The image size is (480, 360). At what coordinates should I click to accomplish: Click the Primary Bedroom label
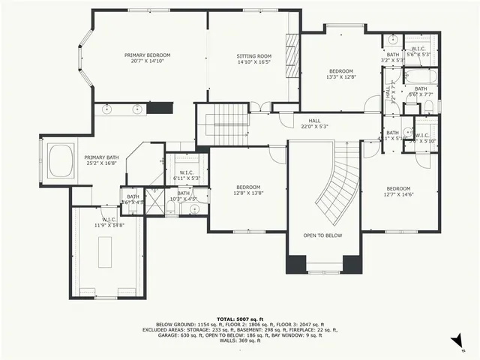(x=147, y=55)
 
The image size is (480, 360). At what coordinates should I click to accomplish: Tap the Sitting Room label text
(x=254, y=56)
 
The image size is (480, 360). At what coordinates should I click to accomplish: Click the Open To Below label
(x=322, y=235)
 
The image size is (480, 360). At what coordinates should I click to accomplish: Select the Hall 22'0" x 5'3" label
(x=314, y=123)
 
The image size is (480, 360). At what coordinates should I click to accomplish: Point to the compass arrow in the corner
(x=455, y=341)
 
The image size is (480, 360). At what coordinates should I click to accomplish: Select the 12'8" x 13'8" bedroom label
(x=248, y=190)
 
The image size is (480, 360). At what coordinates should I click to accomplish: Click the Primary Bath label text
(x=100, y=158)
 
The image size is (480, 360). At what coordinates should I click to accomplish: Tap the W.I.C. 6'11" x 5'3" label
(x=184, y=175)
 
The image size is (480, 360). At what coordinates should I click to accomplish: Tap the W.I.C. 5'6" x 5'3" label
(x=418, y=51)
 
